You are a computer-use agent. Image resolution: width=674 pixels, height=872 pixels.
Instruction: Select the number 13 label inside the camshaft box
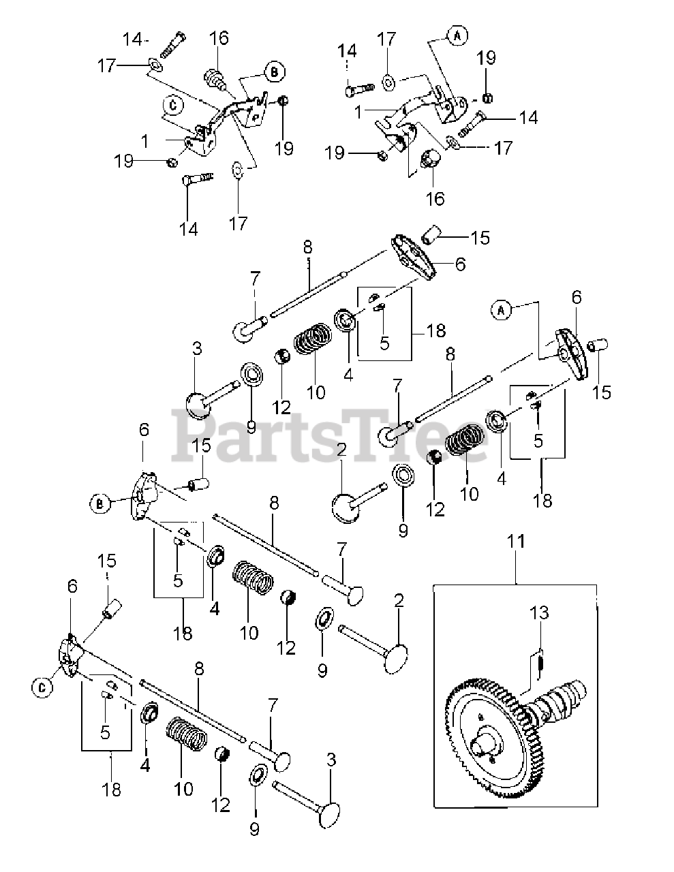point(539,613)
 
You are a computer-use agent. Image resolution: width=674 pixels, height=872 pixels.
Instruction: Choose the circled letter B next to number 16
point(275,71)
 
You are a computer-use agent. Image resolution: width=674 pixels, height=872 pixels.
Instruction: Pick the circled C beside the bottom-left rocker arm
point(42,688)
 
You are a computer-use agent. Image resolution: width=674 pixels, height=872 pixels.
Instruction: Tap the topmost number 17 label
point(386,39)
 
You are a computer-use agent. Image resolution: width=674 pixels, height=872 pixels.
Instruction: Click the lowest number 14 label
point(189,228)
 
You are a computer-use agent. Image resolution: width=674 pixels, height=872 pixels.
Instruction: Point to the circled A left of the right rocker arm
point(500,310)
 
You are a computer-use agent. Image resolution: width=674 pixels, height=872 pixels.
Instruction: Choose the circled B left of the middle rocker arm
point(99,504)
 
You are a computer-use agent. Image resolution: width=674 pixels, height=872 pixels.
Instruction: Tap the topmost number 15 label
point(480,238)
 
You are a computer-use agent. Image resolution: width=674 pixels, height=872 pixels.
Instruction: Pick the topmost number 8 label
point(307,247)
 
